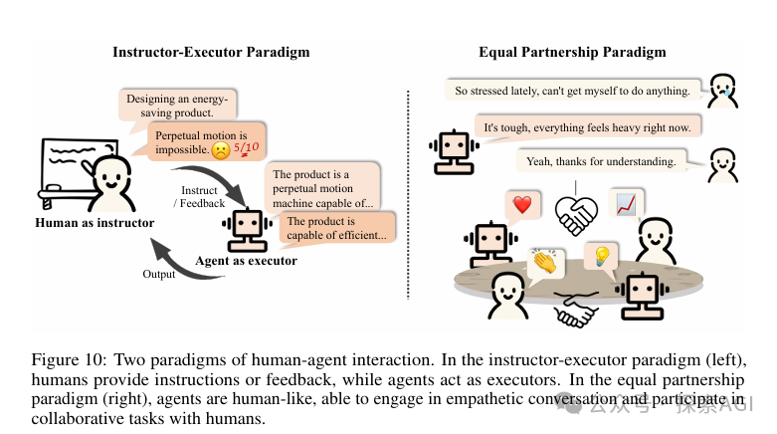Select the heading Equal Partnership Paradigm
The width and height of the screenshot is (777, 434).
pyautogui.click(x=572, y=51)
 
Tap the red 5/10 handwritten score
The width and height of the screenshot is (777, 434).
pyautogui.click(x=246, y=148)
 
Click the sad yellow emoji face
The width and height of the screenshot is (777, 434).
pyautogui.click(x=220, y=150)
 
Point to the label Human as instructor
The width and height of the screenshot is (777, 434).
pyautogui.click(x=95, y=223)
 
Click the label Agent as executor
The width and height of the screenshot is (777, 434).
pyautogui.click(x=246, y=261)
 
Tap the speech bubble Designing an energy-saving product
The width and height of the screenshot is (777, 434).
pyautogui.click(x=176, y=107)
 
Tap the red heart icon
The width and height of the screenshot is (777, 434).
pyautogui.click(x=522, y=206)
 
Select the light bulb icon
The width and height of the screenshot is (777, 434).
pyautogui.click(x=601, y=257)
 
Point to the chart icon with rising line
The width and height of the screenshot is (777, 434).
pyautogui.click(x=626, y=204)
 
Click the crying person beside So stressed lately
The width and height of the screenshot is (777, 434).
pyautogui.click(x=723, y=91)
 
